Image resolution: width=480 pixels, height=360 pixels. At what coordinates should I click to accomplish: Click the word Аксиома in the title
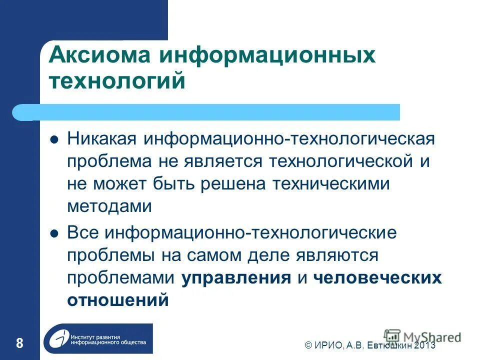coord(98,54)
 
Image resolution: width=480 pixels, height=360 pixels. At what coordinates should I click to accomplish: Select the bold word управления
coord(236,277)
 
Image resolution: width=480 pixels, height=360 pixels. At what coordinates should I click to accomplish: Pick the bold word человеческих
coord(378,277)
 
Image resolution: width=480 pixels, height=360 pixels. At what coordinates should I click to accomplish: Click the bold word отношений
coord(117,300)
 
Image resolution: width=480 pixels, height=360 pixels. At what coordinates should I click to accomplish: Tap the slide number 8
coord(19,343)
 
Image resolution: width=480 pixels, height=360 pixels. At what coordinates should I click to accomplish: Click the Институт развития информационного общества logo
coord(98,339)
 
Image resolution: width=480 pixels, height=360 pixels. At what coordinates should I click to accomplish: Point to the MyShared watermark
coord(422,336)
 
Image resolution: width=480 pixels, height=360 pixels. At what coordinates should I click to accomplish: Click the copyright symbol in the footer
coord(308,345)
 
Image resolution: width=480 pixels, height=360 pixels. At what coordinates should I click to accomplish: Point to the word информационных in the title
coord(267,54)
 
